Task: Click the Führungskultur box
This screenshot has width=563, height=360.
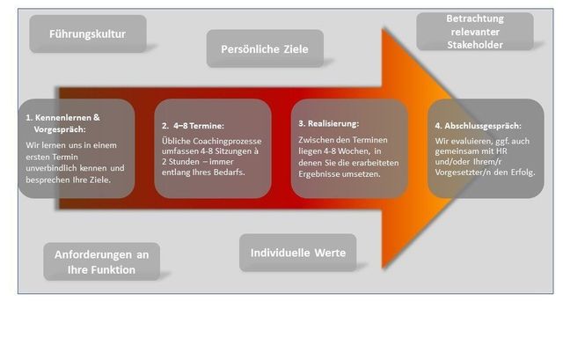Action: (x=88, y=34)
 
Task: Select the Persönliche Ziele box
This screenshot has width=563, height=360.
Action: (x=265, y=48)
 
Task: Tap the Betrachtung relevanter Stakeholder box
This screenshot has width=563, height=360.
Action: (x=474, y=31)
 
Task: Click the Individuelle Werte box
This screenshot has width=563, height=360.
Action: (x=298, y=253)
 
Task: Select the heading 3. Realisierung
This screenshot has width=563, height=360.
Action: (x=329, y=124)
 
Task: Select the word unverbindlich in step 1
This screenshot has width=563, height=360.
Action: (x=56, y=167)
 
